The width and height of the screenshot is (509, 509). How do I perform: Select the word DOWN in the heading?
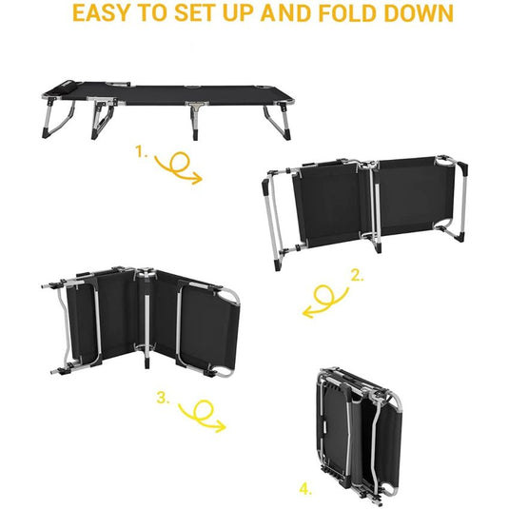coord(420,15)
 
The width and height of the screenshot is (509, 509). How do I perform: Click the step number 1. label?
coord(142,152)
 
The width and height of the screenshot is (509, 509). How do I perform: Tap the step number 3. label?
coord(162,399)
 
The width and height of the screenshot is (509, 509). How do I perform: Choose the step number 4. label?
coord(305,489)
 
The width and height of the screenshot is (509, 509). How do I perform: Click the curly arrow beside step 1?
coord(181,167)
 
